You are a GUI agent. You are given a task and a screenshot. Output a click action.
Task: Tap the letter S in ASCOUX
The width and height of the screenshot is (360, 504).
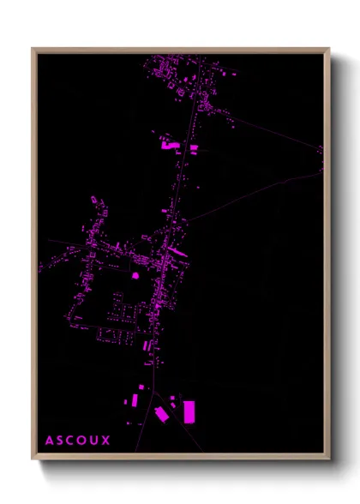[61, 441]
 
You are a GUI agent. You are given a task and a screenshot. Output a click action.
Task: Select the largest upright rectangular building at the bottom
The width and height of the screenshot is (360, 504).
[189, 411]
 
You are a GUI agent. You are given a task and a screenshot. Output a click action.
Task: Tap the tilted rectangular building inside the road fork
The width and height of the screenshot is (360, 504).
[162, 414]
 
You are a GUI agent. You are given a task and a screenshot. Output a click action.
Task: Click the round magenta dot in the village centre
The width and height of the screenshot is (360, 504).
[134, 276]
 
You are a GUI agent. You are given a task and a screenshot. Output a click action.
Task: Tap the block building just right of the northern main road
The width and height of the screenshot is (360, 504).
[194, 148]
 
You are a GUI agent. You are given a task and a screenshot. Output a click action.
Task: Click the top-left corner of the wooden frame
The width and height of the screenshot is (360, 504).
[33, 49]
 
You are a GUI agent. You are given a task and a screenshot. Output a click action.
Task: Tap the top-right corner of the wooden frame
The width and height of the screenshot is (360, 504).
[329, 49]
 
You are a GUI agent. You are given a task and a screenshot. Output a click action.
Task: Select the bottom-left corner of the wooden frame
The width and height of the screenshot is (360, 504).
[33, 459]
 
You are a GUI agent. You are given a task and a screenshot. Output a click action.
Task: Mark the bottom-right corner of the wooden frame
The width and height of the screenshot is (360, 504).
[329, 459]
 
